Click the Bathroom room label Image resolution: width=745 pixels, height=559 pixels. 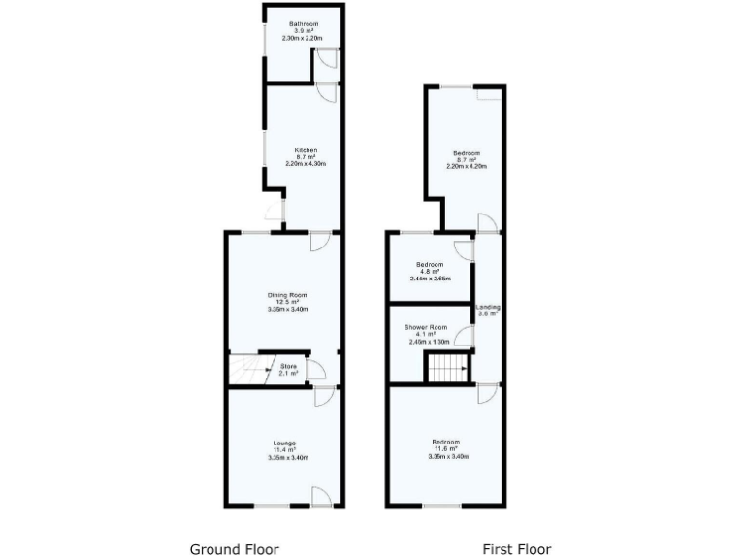tap(301, 23)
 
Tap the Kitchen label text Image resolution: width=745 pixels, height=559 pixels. tap(306, 150)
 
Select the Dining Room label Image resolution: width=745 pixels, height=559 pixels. tap(287, 295)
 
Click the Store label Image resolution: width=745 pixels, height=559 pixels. tap(288, 366)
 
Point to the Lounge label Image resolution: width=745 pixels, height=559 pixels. tap(284, 444)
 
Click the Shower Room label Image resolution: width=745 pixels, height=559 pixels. tap(426, 327)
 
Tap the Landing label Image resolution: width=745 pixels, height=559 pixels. tap(487, 308)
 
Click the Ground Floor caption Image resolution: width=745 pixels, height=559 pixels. tap(234, 549)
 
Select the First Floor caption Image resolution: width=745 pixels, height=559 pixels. tap(517, 549)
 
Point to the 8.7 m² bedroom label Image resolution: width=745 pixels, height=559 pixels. tap(467, 160)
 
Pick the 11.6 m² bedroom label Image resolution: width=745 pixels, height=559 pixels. tap(446, 449)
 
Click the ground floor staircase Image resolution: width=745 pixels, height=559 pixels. tap(249, 369)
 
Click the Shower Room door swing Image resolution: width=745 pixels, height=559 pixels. tap(466, 337)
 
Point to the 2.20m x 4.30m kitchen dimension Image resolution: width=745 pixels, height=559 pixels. tap(306, 164)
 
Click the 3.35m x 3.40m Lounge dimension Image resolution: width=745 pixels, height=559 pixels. tap(287, 457)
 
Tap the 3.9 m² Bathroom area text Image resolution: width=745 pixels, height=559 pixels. tap(301, 31)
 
